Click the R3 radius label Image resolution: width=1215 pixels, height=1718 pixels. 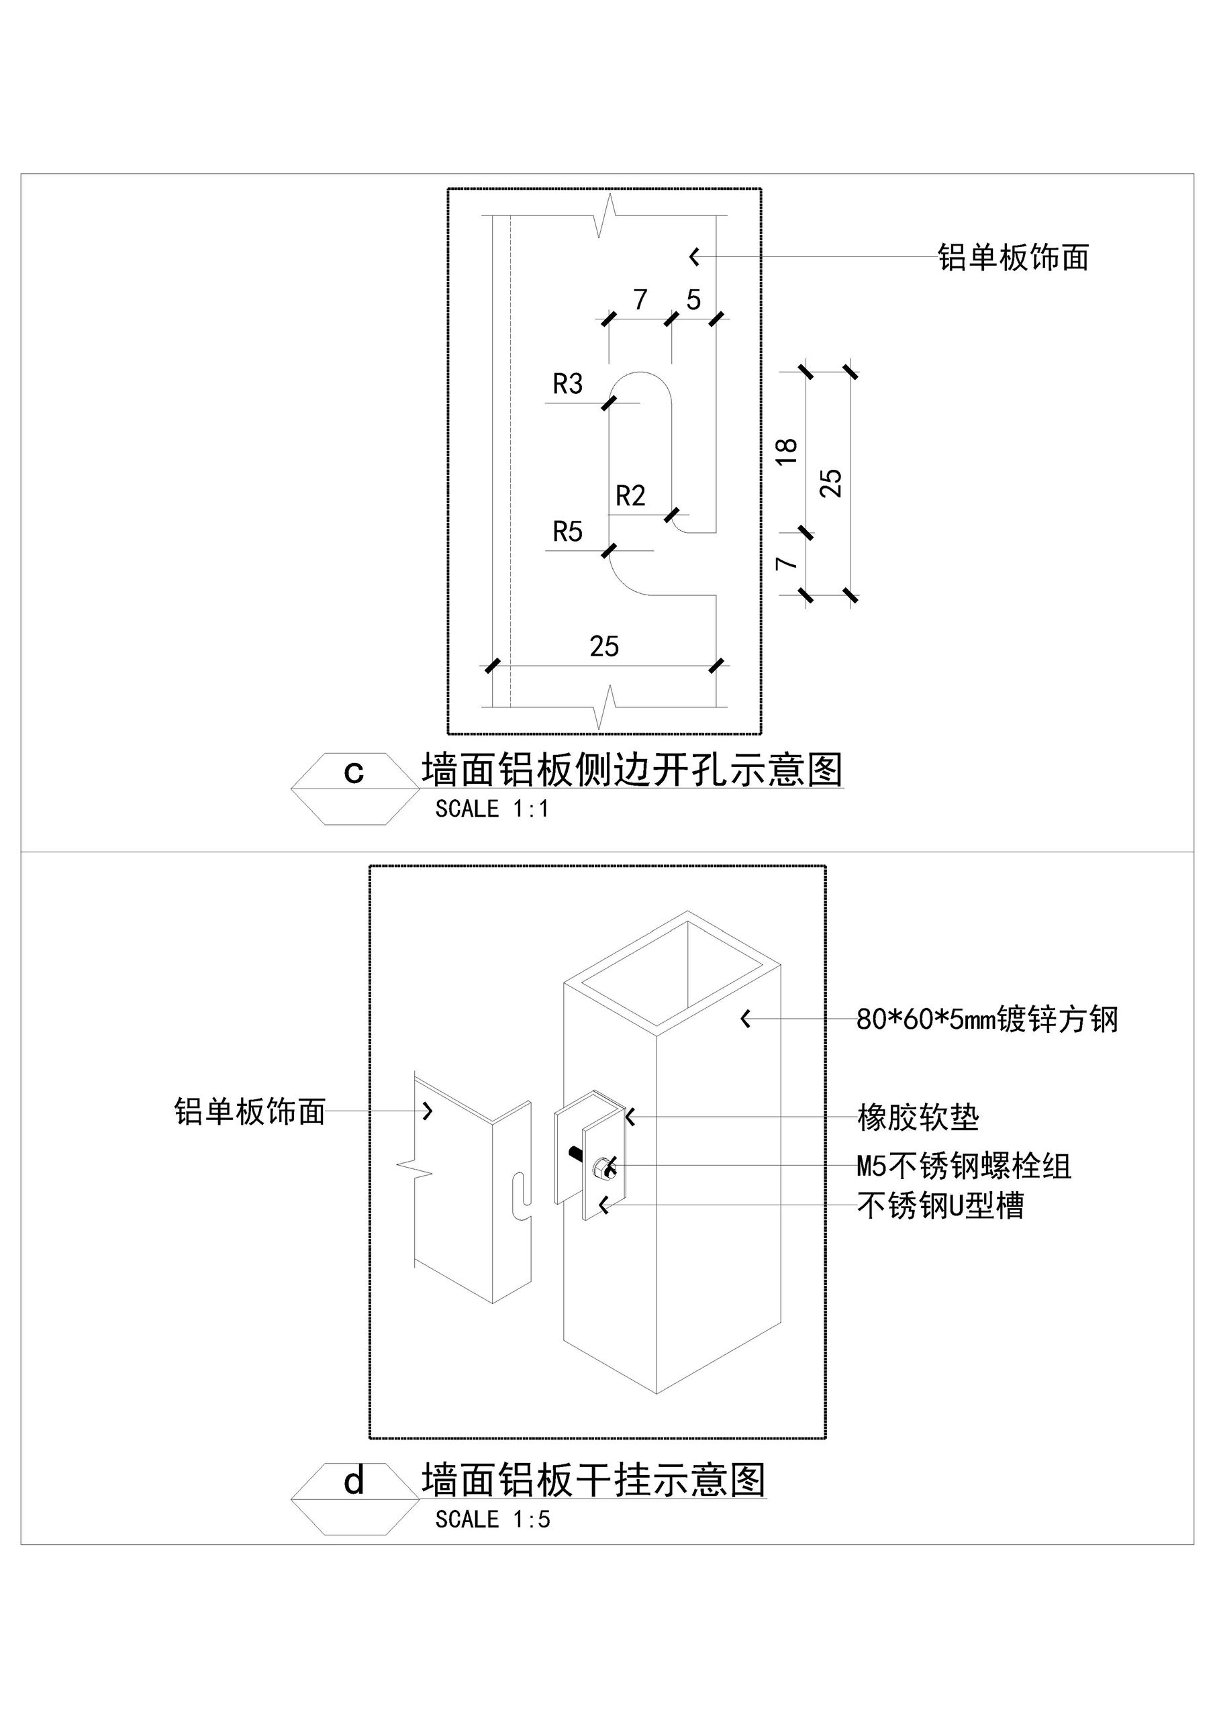pyautogui.click(x=567, y=385)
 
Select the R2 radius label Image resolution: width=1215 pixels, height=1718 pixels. pyautogui.click(x=630, y=496)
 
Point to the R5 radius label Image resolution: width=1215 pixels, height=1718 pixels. pyautogui.click(x=567, y=532)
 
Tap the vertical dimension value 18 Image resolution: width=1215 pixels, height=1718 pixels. pyautogui.click(x=787, y=452)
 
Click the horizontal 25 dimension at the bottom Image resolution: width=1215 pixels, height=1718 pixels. pyautogui.click(x=603, y=646)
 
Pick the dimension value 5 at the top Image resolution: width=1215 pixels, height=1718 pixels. pyautogui.click(x=693, y=300)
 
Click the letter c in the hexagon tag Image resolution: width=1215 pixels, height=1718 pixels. pyautogui.click(x=353, y=773)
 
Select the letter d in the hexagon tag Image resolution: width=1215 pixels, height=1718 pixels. pyautogui.click(x=353, y=1481)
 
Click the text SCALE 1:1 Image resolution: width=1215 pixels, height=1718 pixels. pyautogui.click(x=492, y=809)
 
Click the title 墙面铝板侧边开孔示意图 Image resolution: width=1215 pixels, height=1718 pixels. pyautogui.click(x=632, y=770)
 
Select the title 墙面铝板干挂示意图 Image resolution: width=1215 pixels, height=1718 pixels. pyautogui.click(x=593, y=1480)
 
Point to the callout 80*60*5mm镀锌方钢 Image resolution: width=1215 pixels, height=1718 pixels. pyautogui.click(x=987, y=1019)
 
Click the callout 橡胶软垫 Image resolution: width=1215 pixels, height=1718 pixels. pyautogui.click(x=918, y=1118)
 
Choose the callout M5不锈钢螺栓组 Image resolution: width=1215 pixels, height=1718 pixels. pyautogui.click(x=963, y=1166)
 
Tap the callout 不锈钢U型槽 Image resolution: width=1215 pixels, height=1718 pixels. pyautogui.click(x=940, y=1205)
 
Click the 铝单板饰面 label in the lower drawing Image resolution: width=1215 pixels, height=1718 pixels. pyautogui.click(x=249, y=1112)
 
